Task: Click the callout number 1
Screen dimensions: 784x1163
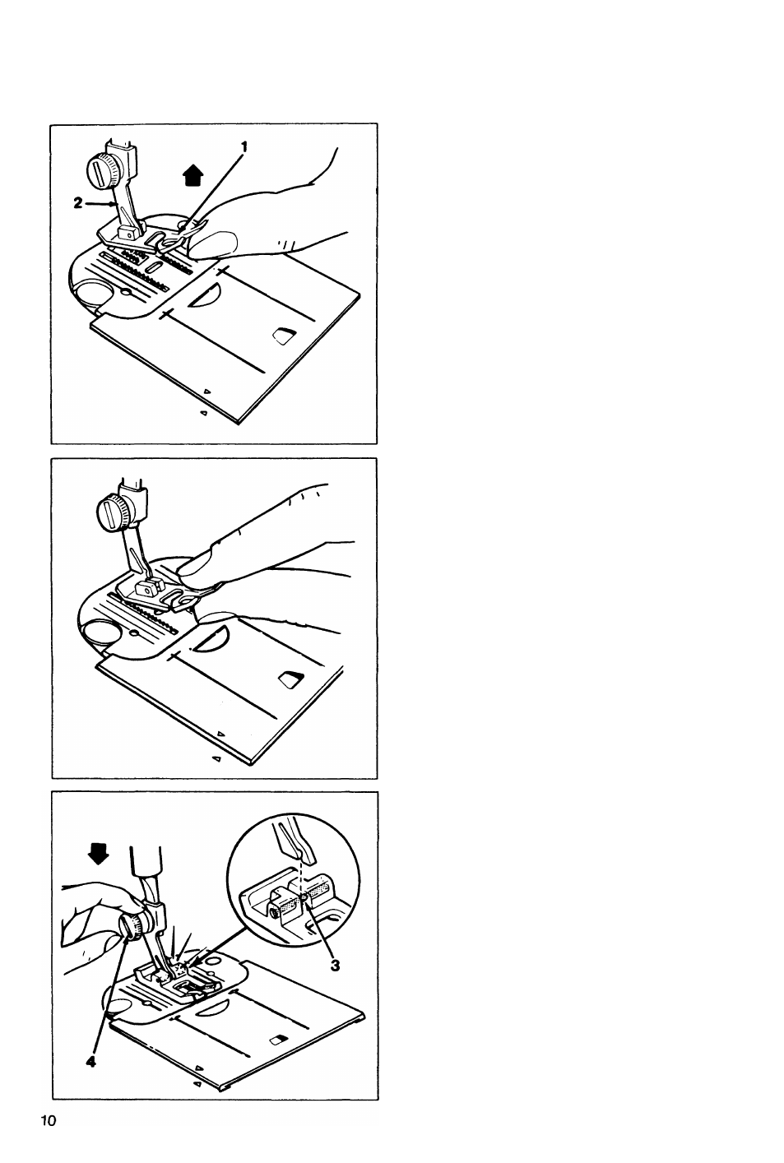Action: tap(244, 147)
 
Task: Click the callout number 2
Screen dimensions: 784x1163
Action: tap(78, 204)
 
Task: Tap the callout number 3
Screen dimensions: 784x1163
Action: tap(335, 965)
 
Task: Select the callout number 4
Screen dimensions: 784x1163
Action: tap(90, 1062)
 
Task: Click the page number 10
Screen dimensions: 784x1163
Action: tap(49, 1121)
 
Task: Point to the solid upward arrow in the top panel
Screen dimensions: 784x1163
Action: tap(193, 175)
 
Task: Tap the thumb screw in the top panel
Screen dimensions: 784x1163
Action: tap(99, 169)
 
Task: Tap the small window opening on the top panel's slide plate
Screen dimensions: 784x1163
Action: tap(284, 336)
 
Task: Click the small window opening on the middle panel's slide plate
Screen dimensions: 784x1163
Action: tap(291, 679)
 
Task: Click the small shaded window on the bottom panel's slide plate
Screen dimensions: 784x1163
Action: tap(279, 1040)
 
